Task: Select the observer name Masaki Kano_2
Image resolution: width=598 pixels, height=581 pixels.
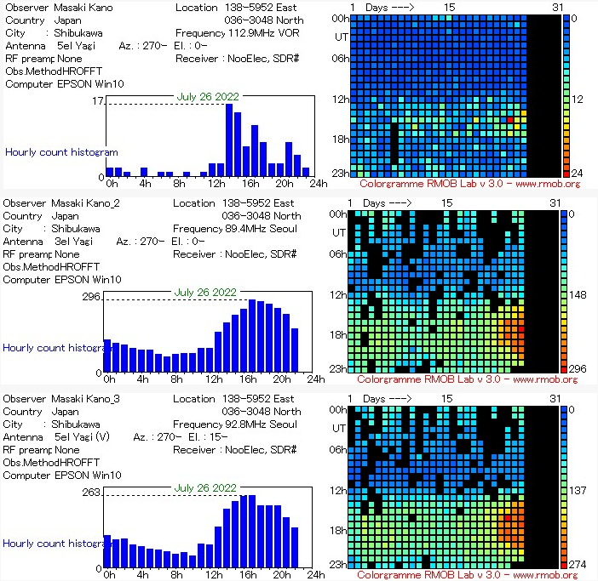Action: [85, 203]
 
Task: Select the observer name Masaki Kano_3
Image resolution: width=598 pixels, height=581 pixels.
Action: [85, 399]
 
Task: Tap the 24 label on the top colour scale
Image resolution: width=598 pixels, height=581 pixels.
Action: [576, 173]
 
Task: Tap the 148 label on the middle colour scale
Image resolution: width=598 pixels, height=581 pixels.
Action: [578, 295]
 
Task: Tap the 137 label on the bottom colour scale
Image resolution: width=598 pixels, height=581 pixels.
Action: [578, 491]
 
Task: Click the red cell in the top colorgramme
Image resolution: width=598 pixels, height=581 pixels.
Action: [510, 120]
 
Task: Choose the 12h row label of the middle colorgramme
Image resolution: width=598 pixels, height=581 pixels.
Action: [339, 295]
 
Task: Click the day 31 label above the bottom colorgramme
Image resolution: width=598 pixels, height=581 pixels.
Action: [555, 398]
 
